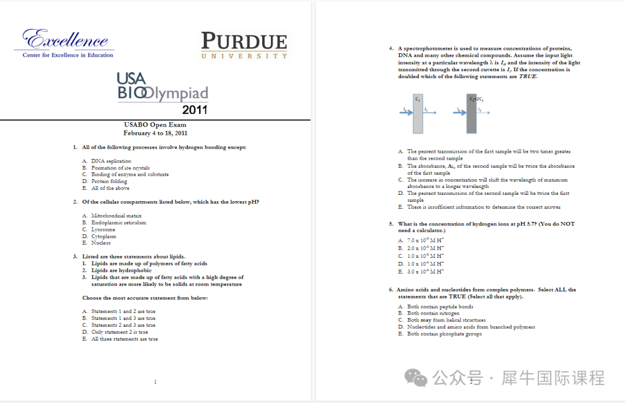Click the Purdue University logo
tap(244, 45)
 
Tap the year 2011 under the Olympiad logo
tap(194, 110)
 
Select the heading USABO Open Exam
tap(155, 125)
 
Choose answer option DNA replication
tap(111, 161)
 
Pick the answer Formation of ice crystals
tap(120, 168)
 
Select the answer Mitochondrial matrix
tap(116, 216)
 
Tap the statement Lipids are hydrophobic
tap(122, 271)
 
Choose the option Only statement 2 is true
tap(119, 332)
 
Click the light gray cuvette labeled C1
tap(418, 113)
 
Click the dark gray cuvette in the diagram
tap(472, 113)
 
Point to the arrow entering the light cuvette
tap(405, 113)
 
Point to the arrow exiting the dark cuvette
tap(483, 113)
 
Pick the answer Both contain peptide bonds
tap(440, 307)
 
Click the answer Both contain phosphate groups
tap(444, 334)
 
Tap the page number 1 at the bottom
tap(155, 382)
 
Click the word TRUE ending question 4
tap(527, 77)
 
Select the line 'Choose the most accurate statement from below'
tap(145, 298)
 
